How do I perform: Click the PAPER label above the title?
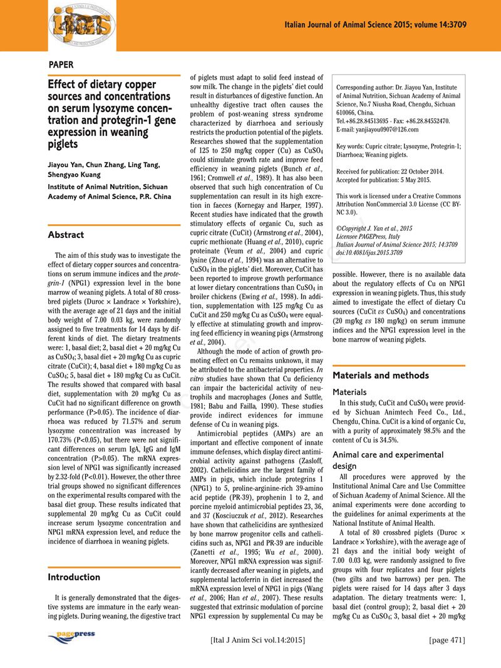coord(61,64)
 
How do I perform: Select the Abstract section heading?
coord(66,235)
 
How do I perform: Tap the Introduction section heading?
coord(74,577)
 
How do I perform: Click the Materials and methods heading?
coord(381,375)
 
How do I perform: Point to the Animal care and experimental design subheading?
coord(388,460)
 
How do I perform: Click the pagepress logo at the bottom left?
coord(71,636)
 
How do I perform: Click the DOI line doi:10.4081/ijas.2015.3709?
coord(370,252)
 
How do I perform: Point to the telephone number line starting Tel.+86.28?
coord(393,121)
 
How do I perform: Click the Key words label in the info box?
coord(354,146)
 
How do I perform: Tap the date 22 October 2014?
coord(427,172)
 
